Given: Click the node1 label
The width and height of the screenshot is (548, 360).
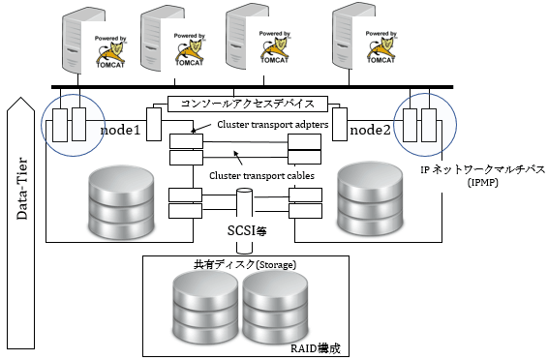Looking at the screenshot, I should pyautogui.click(x=119, y=128).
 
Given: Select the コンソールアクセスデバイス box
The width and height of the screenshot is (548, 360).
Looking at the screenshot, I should pyautogui.click(x=247, y=104).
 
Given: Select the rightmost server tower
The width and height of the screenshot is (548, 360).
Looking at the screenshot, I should pyautogui.click(x=351, y=44).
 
